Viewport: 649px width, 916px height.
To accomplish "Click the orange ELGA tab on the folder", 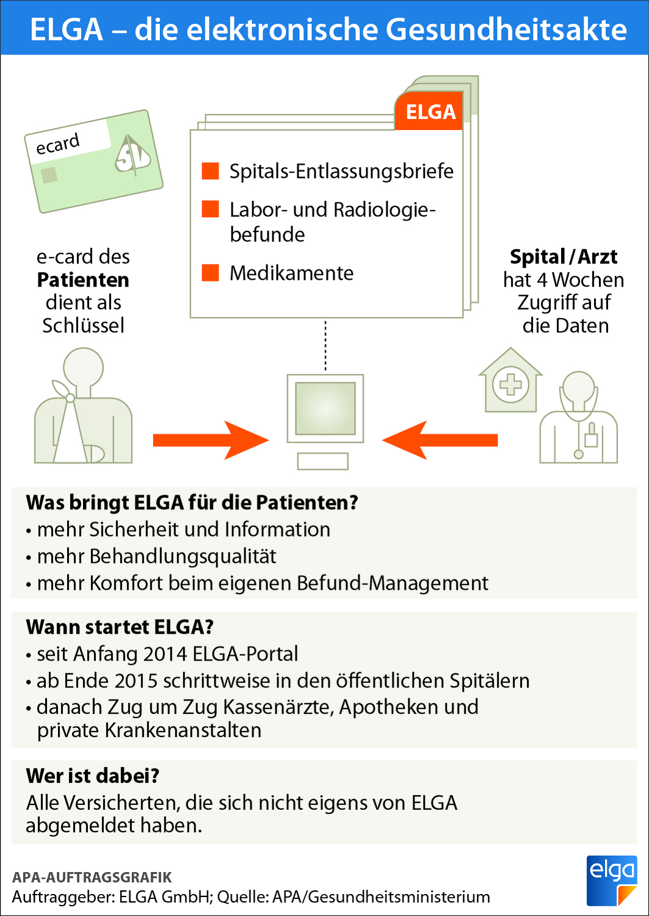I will [430, 112].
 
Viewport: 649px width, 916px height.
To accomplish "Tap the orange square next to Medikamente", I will [211, 272].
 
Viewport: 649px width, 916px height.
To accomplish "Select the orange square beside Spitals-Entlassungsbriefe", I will [211, 171].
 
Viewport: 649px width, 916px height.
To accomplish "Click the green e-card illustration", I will [93, 162].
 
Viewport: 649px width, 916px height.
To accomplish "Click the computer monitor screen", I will [325, 408].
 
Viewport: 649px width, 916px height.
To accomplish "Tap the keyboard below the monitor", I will [322, 461].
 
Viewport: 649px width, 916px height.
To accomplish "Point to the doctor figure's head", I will [578, 388].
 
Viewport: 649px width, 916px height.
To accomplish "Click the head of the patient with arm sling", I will [83, 368].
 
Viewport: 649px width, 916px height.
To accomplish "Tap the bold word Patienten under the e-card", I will [83, 280].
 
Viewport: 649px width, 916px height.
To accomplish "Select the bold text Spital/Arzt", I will [564, 257].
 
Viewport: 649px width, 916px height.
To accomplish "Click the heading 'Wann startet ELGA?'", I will [120, 627].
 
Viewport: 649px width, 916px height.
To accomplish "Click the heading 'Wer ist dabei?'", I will [93, 776].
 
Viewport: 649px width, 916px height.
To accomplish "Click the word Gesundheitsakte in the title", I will [507, 29].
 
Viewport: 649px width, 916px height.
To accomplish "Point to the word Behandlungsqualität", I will [183, 556].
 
